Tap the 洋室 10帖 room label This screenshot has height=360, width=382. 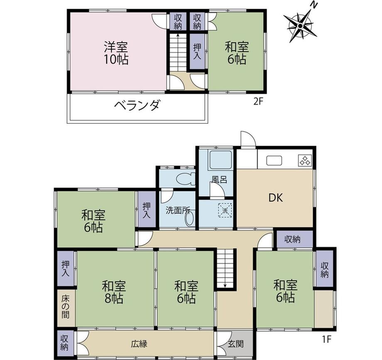(116, 53)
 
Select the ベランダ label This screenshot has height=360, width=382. (137, 105)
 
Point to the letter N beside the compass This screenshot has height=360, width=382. (314, 5)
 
